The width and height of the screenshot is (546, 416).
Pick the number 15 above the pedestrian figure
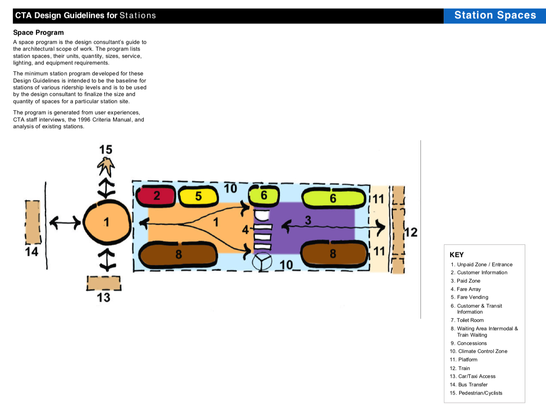tap(106, 150)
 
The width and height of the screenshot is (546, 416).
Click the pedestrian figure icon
tap(106, 166)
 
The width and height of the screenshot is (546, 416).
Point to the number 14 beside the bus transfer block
tap(31, 251)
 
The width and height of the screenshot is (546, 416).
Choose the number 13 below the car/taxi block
tap(104, 297)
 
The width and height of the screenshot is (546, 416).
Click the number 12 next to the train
tap(411, 232)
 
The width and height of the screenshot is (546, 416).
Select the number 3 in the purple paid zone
tap(308, 220)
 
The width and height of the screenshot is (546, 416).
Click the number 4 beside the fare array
tap(245, 229)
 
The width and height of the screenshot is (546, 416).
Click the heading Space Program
tap(38, 33)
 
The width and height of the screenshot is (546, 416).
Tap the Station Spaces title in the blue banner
tap(495, 15)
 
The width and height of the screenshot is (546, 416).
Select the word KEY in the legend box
tap(456, 255)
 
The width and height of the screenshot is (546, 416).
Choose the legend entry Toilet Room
tap(470, 320)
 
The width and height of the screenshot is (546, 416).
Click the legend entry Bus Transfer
tap(473, 385)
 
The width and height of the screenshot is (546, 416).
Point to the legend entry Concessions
tap(472, 343)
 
